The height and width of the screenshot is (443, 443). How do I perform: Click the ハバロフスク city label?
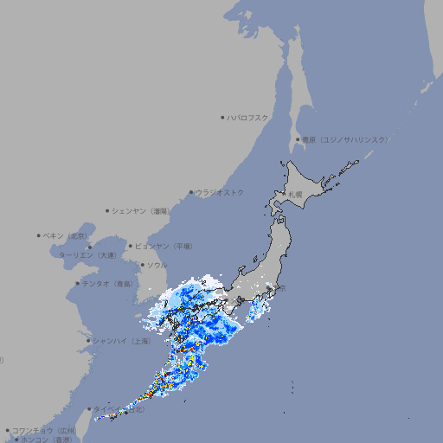click(x=248, y=117)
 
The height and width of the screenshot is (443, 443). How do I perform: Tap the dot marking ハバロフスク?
click(x=223, y=117)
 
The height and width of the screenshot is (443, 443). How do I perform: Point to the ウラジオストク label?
click(x=221, y=192)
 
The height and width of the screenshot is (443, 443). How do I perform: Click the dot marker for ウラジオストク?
click(x=191, y=192)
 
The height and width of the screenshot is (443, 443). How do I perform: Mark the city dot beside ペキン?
click(x=39, y=235)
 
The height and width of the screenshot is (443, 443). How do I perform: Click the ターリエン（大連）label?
click(x=87, y=255)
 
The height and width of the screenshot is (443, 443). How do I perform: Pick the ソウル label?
click(x=157, y=265)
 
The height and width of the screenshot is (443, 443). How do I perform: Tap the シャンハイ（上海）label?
click(x=122, y=341)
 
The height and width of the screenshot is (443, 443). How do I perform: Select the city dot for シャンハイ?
click(x=88, y=341)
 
